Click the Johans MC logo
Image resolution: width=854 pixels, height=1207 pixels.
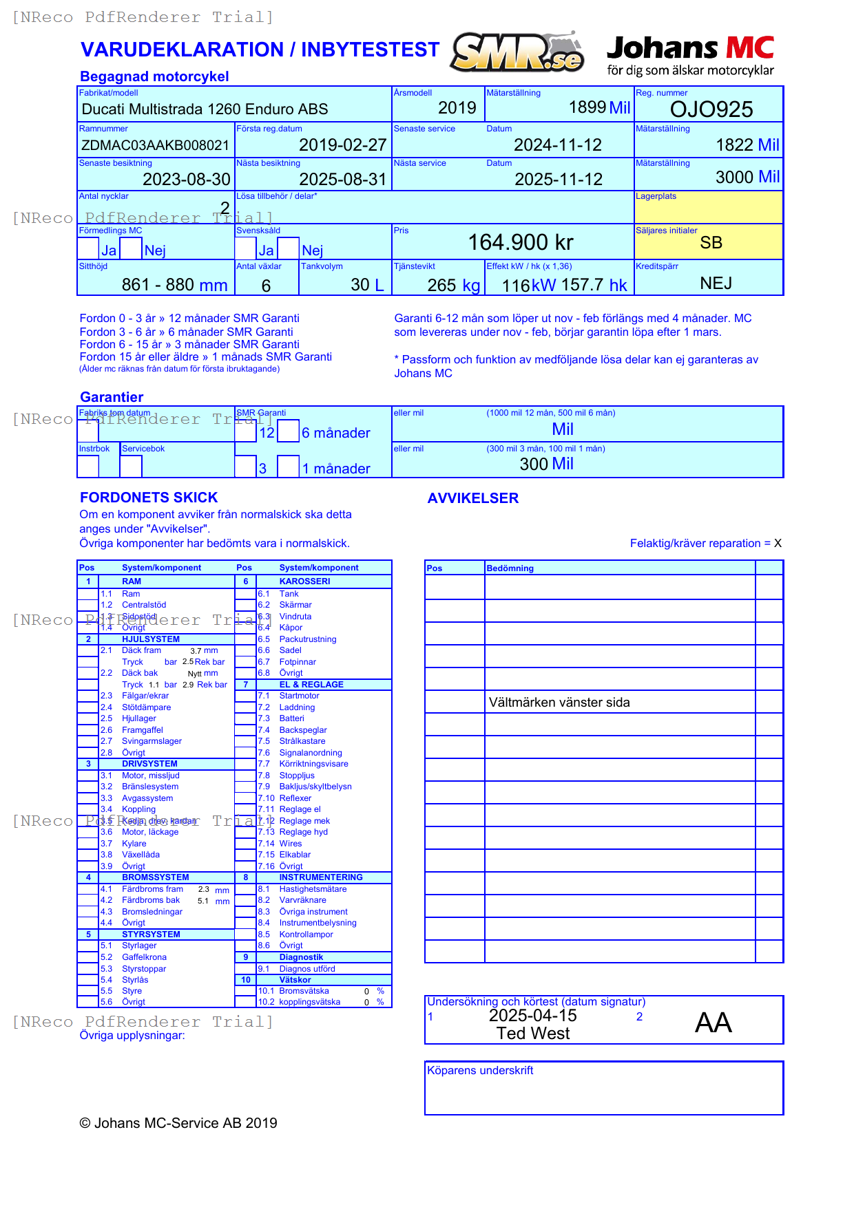tap(690, 55)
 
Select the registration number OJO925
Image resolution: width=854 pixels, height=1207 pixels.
tap(711, 109)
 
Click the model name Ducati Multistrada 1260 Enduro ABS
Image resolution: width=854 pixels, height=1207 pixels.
tap(205, 109)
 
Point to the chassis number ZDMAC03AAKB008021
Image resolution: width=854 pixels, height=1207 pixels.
tap(155, 145)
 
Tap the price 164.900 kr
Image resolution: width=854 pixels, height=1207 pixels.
tap(521, 242)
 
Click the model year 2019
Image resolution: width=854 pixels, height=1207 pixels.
tap(457, 108)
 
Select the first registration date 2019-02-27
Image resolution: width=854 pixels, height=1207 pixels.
tap(342, 145)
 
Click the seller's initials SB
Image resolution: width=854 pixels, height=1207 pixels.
tap(711, 243)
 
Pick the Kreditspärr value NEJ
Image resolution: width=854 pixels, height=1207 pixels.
tap(716, 284)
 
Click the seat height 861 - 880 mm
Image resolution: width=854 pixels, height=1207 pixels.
tap(174, 285)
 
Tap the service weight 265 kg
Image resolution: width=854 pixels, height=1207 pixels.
tap(453, 286)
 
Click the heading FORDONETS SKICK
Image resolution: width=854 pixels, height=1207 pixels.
tap(149, 498)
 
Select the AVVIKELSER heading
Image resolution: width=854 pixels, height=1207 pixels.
tap(472, 498)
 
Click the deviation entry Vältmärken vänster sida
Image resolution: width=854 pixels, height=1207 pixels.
tap(559, 703)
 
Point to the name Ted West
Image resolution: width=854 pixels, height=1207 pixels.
tap(533, 1034)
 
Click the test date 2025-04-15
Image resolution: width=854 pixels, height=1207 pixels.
tap(532, 1016)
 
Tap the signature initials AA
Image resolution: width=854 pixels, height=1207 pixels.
tap(713, 1023)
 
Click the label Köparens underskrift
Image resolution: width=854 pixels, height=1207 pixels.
tap(480, 1071)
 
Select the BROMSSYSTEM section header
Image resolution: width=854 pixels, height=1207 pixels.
tap(155, 877)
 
